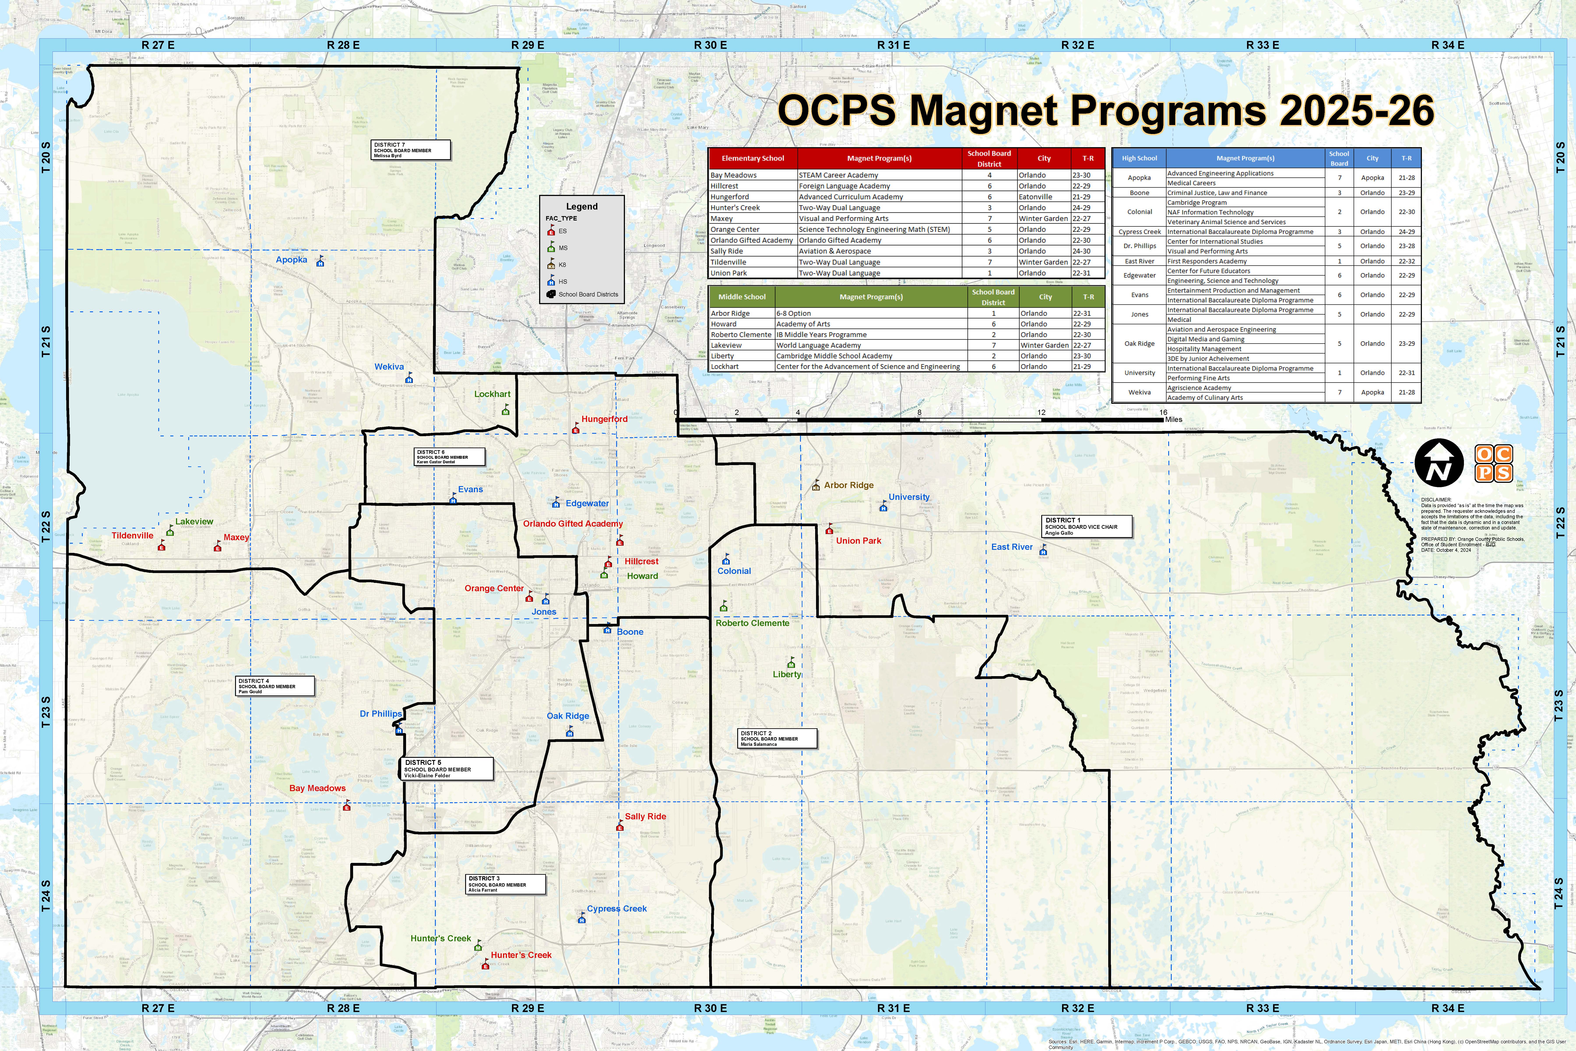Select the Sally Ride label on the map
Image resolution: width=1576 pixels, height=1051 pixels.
[645, 816]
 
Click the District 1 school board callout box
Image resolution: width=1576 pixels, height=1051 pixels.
[1087, 526]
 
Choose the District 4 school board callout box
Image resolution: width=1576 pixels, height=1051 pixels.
[275, 686]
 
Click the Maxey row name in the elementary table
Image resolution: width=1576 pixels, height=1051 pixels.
[722, 219]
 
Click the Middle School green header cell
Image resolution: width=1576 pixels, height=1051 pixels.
[742, 297]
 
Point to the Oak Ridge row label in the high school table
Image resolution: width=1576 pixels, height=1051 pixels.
[1139, 344]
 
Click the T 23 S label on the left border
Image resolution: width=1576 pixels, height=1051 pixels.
[46, 712]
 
